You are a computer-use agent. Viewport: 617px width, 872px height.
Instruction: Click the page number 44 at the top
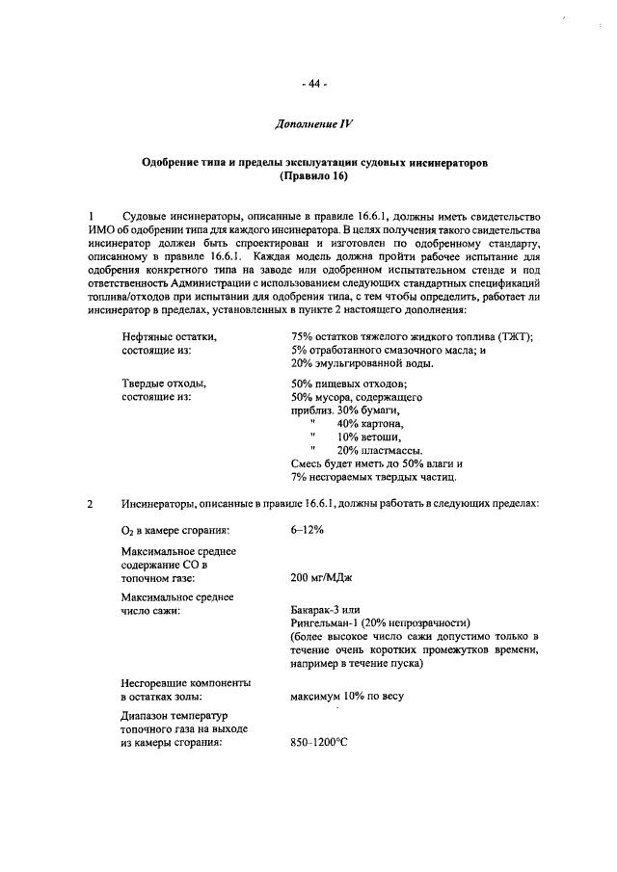pyautogui.click(x=314, y=84)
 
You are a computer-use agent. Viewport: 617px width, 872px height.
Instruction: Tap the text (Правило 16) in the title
pyautogui.click(x=314, y=178)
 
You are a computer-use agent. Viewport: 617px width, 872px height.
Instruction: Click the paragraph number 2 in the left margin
pyautogui.click(x=90, y=504)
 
